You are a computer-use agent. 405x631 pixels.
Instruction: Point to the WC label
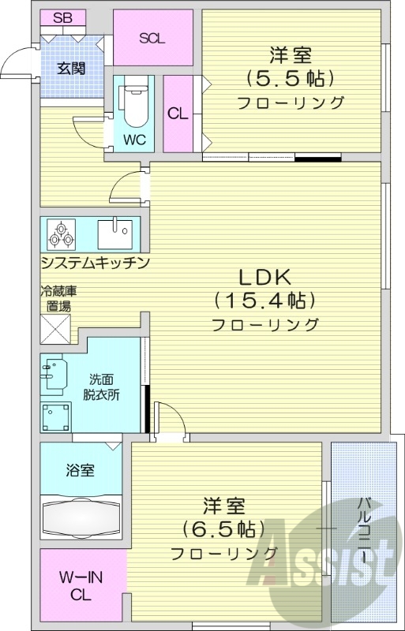pos(134,140)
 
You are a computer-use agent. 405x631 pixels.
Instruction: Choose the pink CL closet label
pos(178,113)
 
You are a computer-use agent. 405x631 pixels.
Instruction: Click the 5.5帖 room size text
pos(290,78)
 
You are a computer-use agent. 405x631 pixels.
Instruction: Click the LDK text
pos(266,278)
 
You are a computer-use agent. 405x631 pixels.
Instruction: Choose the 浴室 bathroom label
pos(80,471)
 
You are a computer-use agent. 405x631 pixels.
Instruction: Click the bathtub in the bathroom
pos(81,517)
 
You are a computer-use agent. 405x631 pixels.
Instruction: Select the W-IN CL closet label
pos(80,587)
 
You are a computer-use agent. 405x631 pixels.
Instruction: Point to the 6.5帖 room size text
pos(223,528)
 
